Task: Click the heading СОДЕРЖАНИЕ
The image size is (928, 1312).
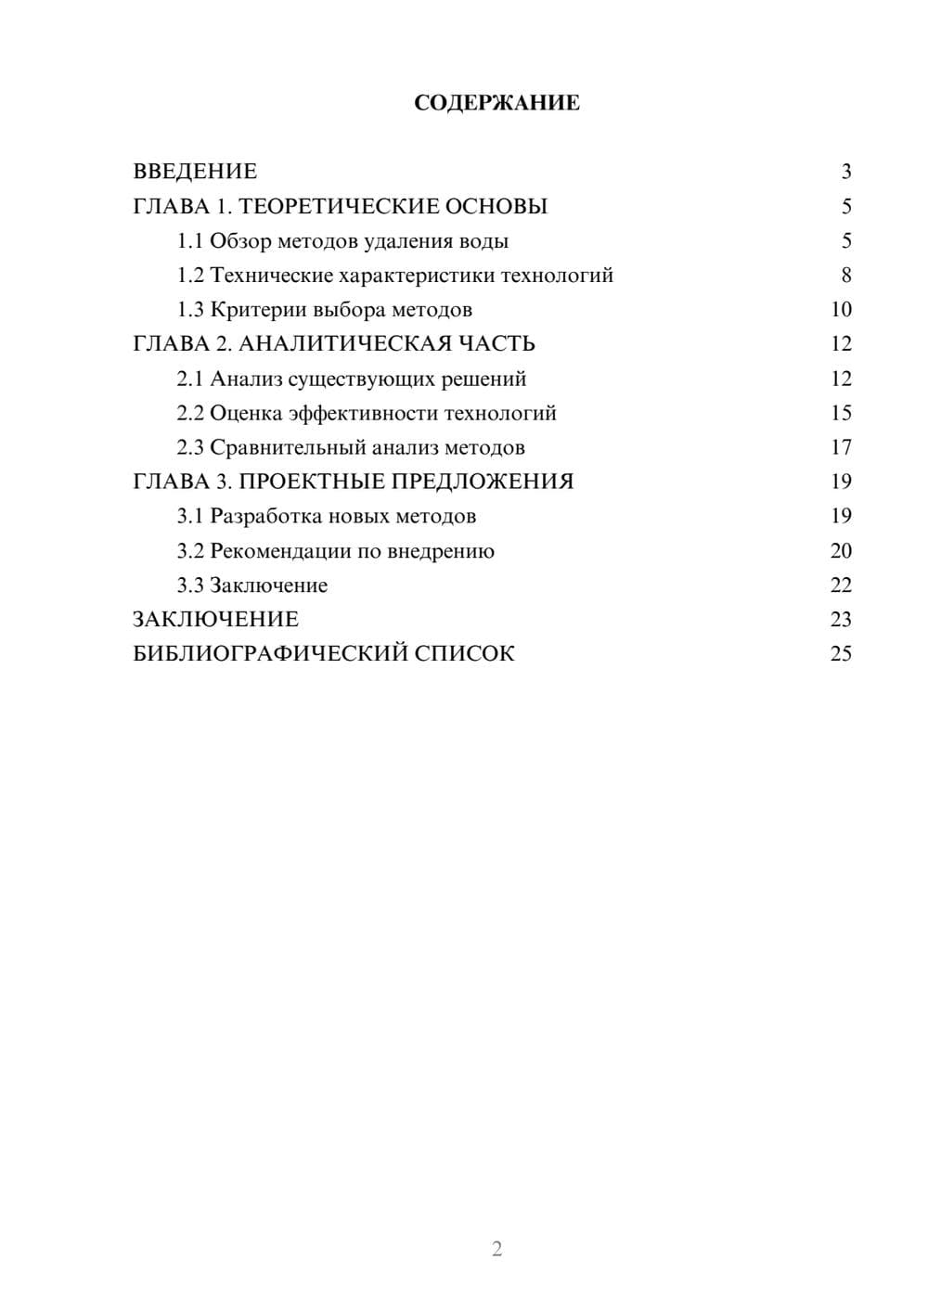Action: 496,103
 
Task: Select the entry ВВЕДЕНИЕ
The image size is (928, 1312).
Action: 195,172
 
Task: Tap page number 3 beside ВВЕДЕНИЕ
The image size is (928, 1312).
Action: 845,172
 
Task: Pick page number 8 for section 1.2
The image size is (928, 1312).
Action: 845,276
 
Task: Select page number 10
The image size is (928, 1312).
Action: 841,310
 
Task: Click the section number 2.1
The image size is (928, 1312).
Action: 189,379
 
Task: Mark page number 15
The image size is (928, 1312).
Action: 841,413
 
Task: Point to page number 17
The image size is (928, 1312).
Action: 841,447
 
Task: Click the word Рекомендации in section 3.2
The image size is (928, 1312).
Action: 280,551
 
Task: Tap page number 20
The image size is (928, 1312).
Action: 841,551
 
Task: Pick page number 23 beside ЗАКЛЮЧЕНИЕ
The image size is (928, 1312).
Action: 841,620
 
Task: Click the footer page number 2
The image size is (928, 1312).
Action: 496,1249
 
